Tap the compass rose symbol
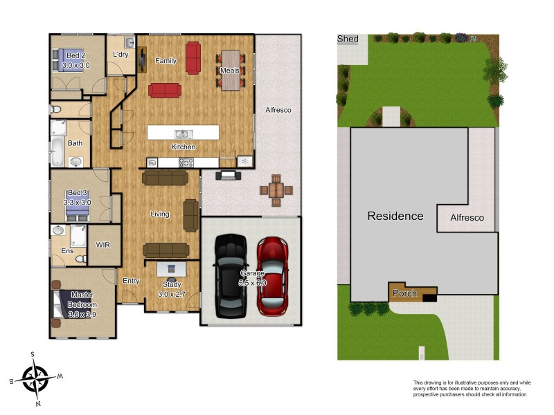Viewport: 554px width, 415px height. pyautogui.click(x=35, y=378)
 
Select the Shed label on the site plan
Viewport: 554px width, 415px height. pyautogui.click(x=348, y=39)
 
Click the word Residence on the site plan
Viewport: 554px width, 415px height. pyautogui.click(x=395, y=216)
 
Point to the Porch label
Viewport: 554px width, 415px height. pyautogui.click(x=404, y=293)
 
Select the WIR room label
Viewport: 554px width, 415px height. pyautogui.click(x=103, y=245)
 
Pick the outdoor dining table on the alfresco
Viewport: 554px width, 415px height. pyautogui.click(x=276, y=190)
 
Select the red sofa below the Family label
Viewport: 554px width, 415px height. pyautogui.click(x=165, y=90)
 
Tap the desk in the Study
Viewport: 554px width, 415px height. pyautogui.click(x=172, y=268)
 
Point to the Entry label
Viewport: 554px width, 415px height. pyautogui.click(x=131, y=281)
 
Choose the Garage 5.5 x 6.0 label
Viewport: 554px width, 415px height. pyautogui.click(x=251, y=278)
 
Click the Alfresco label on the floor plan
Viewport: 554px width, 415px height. pyautogui.click(x=278, y=110)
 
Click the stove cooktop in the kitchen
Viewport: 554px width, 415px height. pyautogui.click(x=186, y=163)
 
